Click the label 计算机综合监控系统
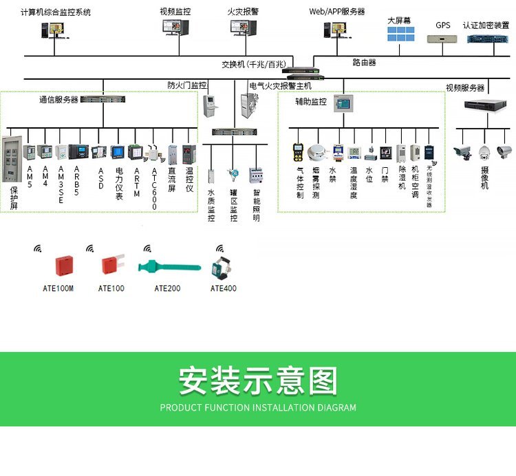56,12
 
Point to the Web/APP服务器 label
337,12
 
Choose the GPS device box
443,39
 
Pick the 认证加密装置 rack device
486,39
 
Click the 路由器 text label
365,63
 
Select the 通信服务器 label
58,100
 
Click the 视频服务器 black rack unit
484,105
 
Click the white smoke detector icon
317,153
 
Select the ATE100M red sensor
63,265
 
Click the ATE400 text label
224,288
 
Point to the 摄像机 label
485,177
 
